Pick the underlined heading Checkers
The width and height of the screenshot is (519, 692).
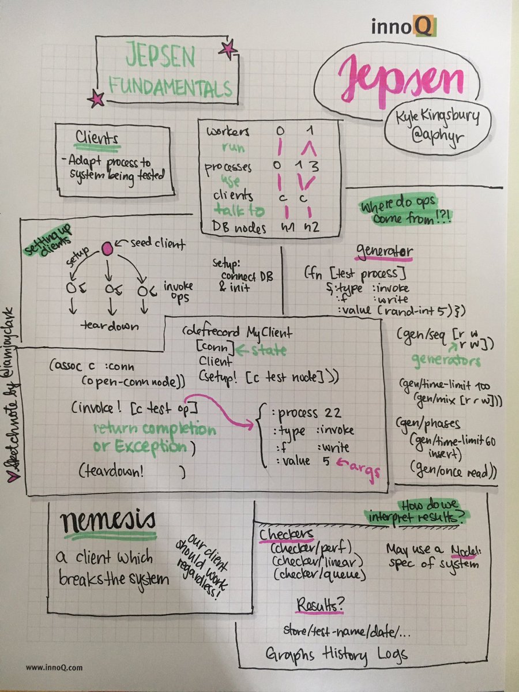287,533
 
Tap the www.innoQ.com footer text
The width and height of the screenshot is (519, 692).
54,668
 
